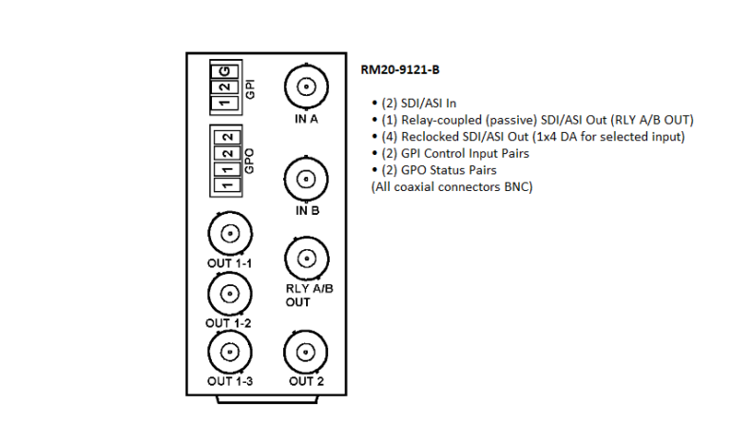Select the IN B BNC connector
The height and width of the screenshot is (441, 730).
click(x=305, y=179)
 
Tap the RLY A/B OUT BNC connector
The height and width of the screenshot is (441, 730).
click(x=305, y=258)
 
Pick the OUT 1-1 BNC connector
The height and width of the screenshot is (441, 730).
click(x=229, y=233)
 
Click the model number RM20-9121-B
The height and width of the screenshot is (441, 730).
click(x=399, y=69)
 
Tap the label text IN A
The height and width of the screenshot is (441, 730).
click(x=305, y=121)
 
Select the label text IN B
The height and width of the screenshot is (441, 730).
click(x=305, y=211)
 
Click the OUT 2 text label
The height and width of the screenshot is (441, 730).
click(x=305, y=381)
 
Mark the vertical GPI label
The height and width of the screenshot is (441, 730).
click(x=249, y=88)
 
